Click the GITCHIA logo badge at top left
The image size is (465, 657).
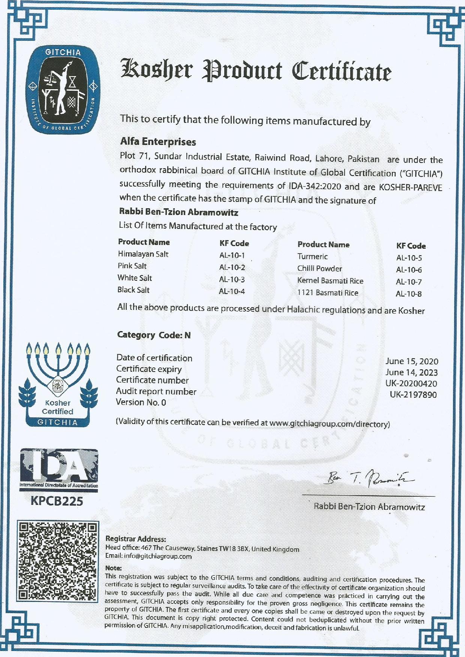tap(62, 91)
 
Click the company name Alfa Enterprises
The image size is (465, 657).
tap(158, 142)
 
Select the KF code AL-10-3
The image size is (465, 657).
tap(232, 279)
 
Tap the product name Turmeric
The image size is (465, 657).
tap(312, 257)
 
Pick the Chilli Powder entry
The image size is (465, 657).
tap(319, 269)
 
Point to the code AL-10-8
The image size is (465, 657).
tap(409, 294)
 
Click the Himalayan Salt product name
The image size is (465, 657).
tap(143, 254)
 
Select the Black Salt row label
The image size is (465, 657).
tap(133, 290)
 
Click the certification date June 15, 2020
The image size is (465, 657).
tap(411, 361)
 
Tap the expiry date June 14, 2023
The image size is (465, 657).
tap(411, 372)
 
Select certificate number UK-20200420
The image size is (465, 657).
tap(411, 384)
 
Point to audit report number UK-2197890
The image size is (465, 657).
tap(413, 394)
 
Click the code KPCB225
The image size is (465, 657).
tap(57, 501)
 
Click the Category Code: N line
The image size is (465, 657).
tap(154, 335)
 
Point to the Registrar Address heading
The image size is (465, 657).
tap(135, 539)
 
